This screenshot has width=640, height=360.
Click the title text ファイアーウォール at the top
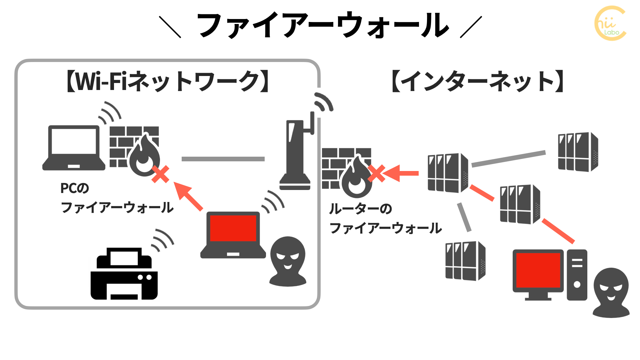(x=323, y=25)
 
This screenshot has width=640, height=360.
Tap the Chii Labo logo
(x=610, y=23)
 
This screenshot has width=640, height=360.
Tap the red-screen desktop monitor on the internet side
(x=538, y=272)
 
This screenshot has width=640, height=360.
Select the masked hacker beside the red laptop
(x=288, y=262)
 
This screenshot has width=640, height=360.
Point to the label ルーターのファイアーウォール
(x=385, y=218)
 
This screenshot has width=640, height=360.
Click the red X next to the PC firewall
(x=160, y=174)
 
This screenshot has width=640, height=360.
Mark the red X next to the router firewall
(x=377, y=173)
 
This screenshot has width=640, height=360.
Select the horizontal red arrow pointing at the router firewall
(x=401, y=173)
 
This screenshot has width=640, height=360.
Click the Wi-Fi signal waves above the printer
(x=163, y=240)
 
